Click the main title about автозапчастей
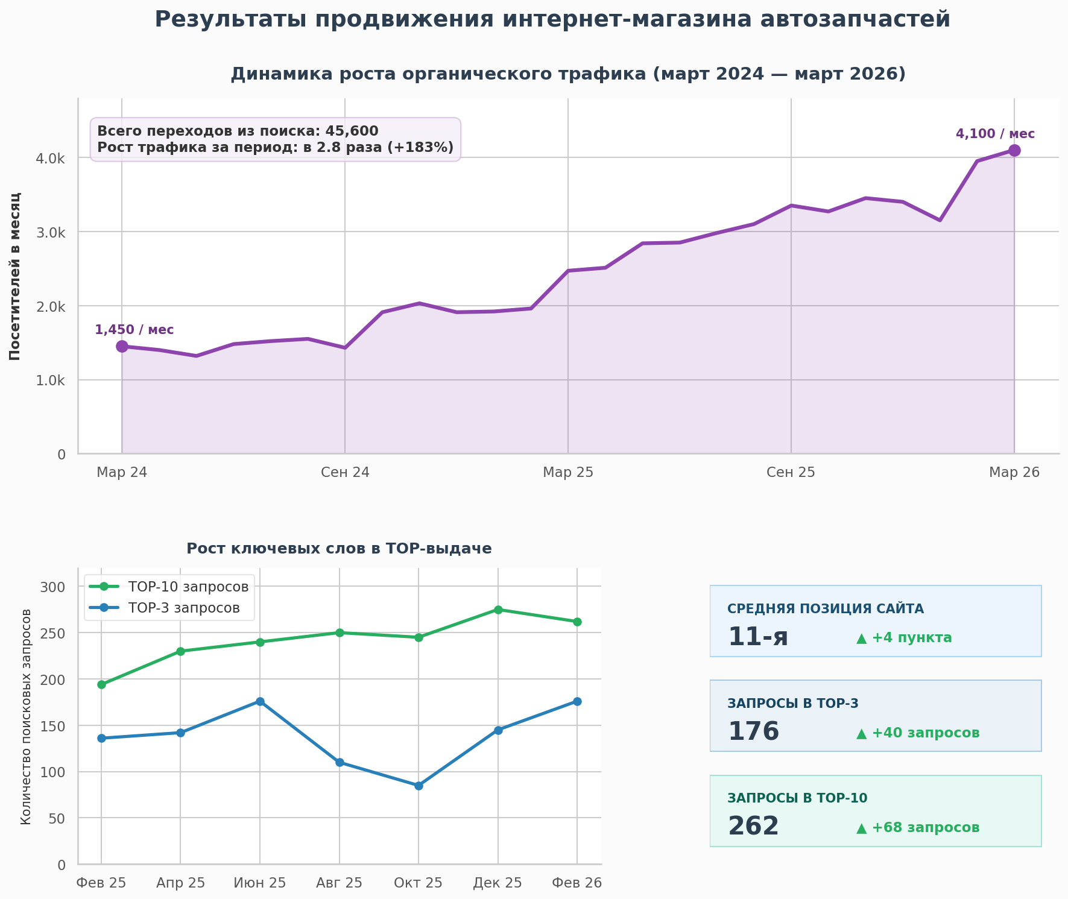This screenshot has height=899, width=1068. tap(552, 19)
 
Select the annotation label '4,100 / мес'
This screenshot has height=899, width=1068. tap(995, 134)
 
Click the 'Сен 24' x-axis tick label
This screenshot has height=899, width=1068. tap(345, 472)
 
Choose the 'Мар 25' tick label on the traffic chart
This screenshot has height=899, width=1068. tap(568, 472)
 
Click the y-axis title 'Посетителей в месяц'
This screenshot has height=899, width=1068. tap(15, 276)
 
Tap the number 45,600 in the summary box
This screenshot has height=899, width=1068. tap(352, 131)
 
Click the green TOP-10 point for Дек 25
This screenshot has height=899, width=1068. tap(498, 610)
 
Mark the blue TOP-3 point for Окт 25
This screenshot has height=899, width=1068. tap(419, 786)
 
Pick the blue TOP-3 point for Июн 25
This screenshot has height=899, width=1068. tap(260, 701)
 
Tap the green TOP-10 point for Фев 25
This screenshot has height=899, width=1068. tap(101, 684)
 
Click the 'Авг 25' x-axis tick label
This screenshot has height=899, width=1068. tap(340, 883)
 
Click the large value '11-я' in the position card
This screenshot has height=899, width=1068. tap(758, 637)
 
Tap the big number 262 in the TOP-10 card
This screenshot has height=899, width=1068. tap(753, 827)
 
